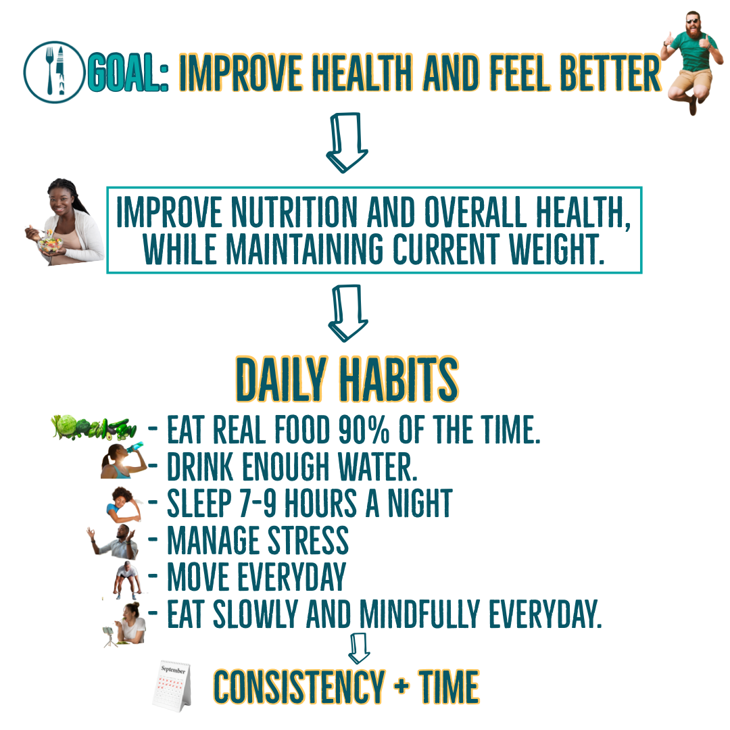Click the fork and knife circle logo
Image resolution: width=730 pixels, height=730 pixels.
tap(54, 72)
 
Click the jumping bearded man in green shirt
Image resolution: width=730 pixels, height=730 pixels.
tap(692, 62)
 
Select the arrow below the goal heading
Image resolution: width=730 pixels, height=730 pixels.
tap(347, 143)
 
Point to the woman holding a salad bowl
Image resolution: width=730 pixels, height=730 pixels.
tap(65, 222)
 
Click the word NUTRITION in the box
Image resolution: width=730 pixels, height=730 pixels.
tap(294, 212)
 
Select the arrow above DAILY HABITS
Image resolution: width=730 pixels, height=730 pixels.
tap(348, 313)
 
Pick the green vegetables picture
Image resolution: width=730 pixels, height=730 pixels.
tap(94, 427)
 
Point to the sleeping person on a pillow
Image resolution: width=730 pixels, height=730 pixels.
tap(124, 504)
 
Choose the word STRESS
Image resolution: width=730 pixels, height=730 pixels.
tap(308, 541)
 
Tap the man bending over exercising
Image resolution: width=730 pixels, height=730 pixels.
tap(126, 580)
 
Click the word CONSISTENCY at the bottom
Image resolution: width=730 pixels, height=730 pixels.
tap(299, 687)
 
